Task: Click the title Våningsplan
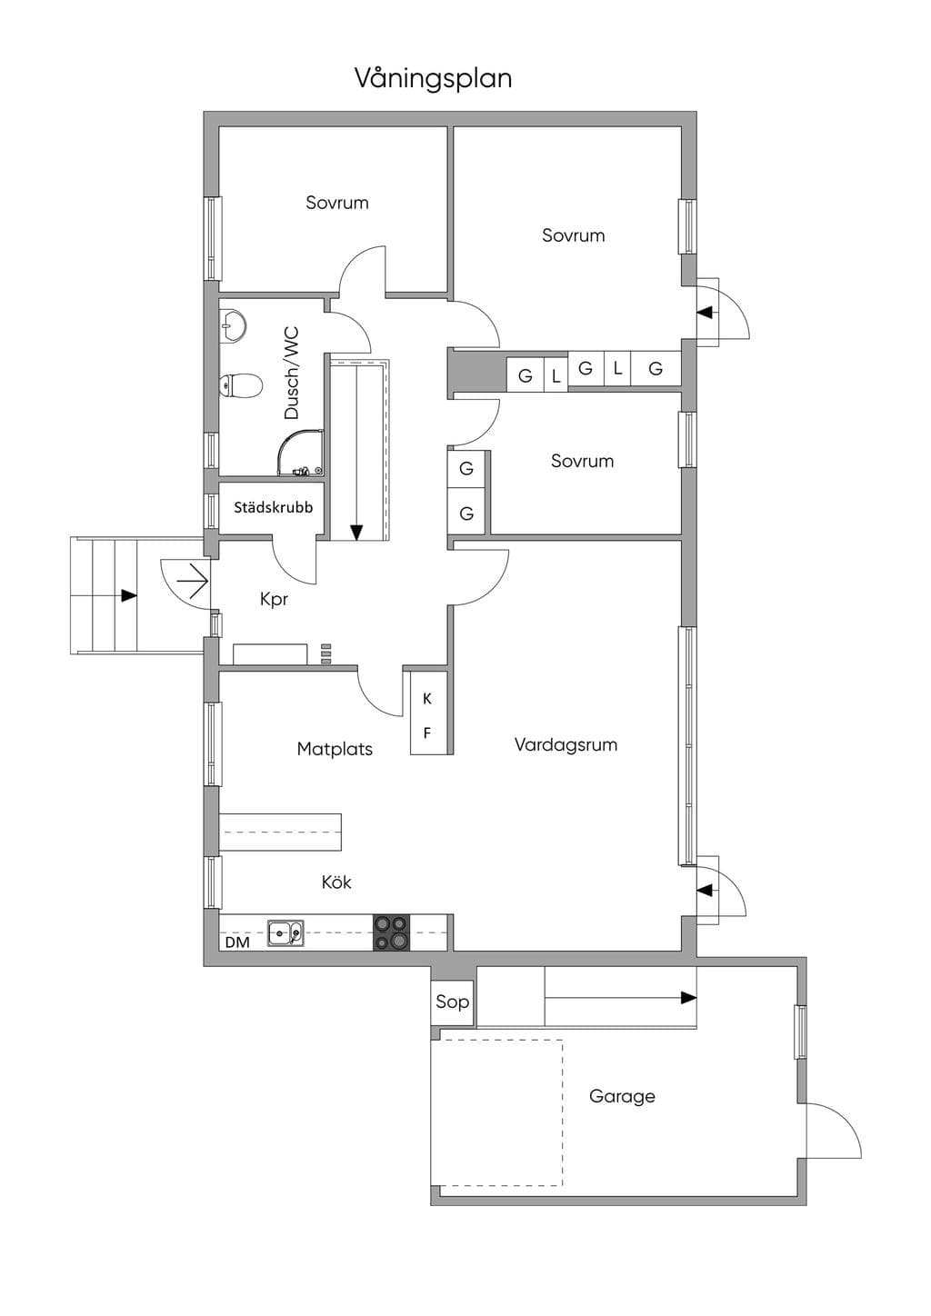[x=433, y=79]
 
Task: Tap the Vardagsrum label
[x=566, y=745]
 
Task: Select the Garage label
[x=622, y=1097]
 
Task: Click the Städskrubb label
[x=274, y=507]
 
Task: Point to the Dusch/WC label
[x=292, y=373]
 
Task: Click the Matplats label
[x=335, y=749]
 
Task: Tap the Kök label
[x=336, y=882]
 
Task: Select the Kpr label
[x=274, y=599]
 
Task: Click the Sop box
[x=452, y=1002]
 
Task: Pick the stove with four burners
[x=392, y=932]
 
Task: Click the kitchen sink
[x=286, y=933]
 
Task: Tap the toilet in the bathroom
[x=240, y=385]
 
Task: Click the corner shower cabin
[x=300, y=453]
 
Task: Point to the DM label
[x=237, y=942]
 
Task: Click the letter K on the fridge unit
[x=427, y=699]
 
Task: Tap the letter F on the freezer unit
[x=427, y=733]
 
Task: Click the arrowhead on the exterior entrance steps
[x=129, y=595]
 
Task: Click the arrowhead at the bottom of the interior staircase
[x=356, y=533]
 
